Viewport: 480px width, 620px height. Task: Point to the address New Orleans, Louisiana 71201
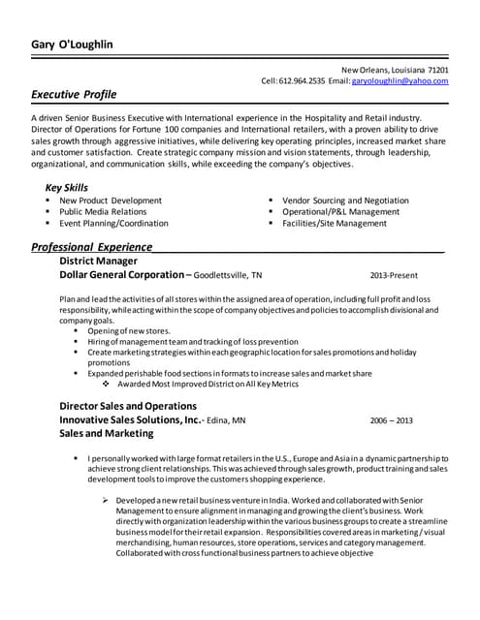(395, 70)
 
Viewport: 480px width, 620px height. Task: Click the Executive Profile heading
(74, 95)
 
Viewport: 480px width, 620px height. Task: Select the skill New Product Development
(111, 201)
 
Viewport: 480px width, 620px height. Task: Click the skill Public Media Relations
(103, 211)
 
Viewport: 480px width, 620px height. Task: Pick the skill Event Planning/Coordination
(113, 223)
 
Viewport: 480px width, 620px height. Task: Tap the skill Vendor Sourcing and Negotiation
(345, 201)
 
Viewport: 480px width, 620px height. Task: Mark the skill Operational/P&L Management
(340, 211)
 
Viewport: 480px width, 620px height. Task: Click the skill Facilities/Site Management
(334, 223)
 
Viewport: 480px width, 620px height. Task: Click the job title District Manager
(98, 261)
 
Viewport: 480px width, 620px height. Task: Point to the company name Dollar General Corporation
(121, 274)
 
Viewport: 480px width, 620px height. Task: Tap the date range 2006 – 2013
(392, 420)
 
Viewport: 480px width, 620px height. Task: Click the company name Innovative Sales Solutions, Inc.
(130, 420)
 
